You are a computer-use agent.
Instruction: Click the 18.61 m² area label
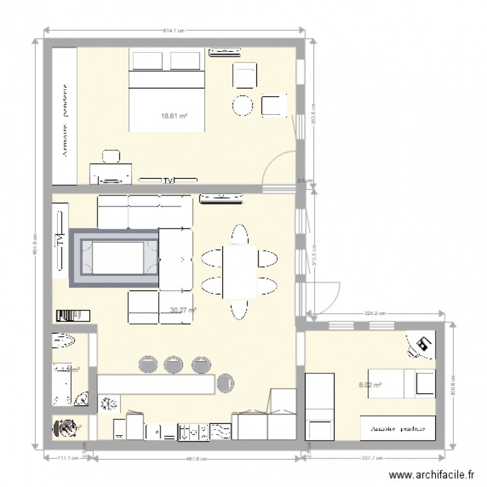point(175,116)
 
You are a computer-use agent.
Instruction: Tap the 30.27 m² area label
point(183,310)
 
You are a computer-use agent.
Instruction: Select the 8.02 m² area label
point(370,384)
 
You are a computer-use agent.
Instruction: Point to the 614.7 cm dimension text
point(175,29)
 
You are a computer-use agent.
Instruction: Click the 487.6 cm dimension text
point(198,458)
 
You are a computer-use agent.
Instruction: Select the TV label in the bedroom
point(168,181)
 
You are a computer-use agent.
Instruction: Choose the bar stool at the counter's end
point(226,383)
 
